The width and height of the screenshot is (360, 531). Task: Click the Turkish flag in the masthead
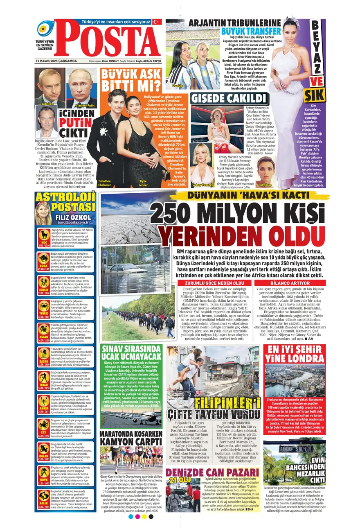pyautogui.click(x=157, y=22)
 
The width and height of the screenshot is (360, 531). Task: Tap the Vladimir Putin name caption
pyautogui.click(x=85, y=105)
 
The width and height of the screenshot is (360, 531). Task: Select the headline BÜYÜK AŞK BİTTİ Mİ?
pyautogui.click(x=131, y=81)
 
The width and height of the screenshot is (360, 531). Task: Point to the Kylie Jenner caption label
pyautogui.click(x=143, y=183)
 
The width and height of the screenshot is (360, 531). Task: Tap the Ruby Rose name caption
pyautogui.click(x=265, y=185)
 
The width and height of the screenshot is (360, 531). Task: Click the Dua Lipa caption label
pyautogui.click(x=178, y=86)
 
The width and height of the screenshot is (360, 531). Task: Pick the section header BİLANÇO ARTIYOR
pyautogui.click(x=290, y=283)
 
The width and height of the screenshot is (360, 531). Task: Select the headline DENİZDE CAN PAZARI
pyautogui.click(x=212, y=473)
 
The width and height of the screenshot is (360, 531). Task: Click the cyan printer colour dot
pyautogui.click(x=130, y=517)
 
